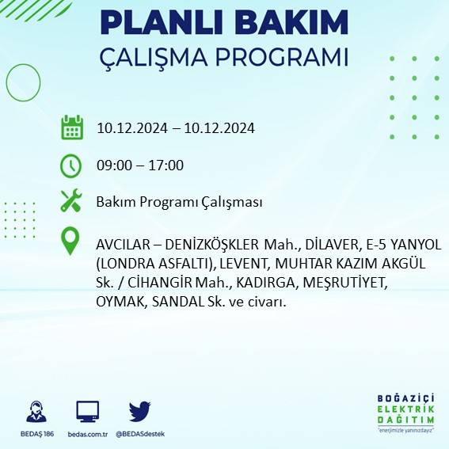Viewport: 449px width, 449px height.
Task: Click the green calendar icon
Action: pyautogui.click(x=72, y=127)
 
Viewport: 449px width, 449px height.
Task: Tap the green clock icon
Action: pyautogui.click(x=71, y=166)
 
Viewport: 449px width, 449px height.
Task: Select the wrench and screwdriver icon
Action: pyautogui.click(x=71, y=201)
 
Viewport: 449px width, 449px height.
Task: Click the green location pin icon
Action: pyautogui.click(x=71, y=241)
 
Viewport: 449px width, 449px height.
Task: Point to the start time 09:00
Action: pyautogui.click(x=114, y=166)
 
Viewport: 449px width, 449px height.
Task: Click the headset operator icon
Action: pyautogui.click(x=36, y=412)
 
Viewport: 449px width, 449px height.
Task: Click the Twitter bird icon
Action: pyautogui.click(x=139, y=411)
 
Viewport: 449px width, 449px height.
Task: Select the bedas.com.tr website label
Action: pyautogui.click(x=87, y=434)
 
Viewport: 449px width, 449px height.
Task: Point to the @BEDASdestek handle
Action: pyautogui.click(x=140, y=434)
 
